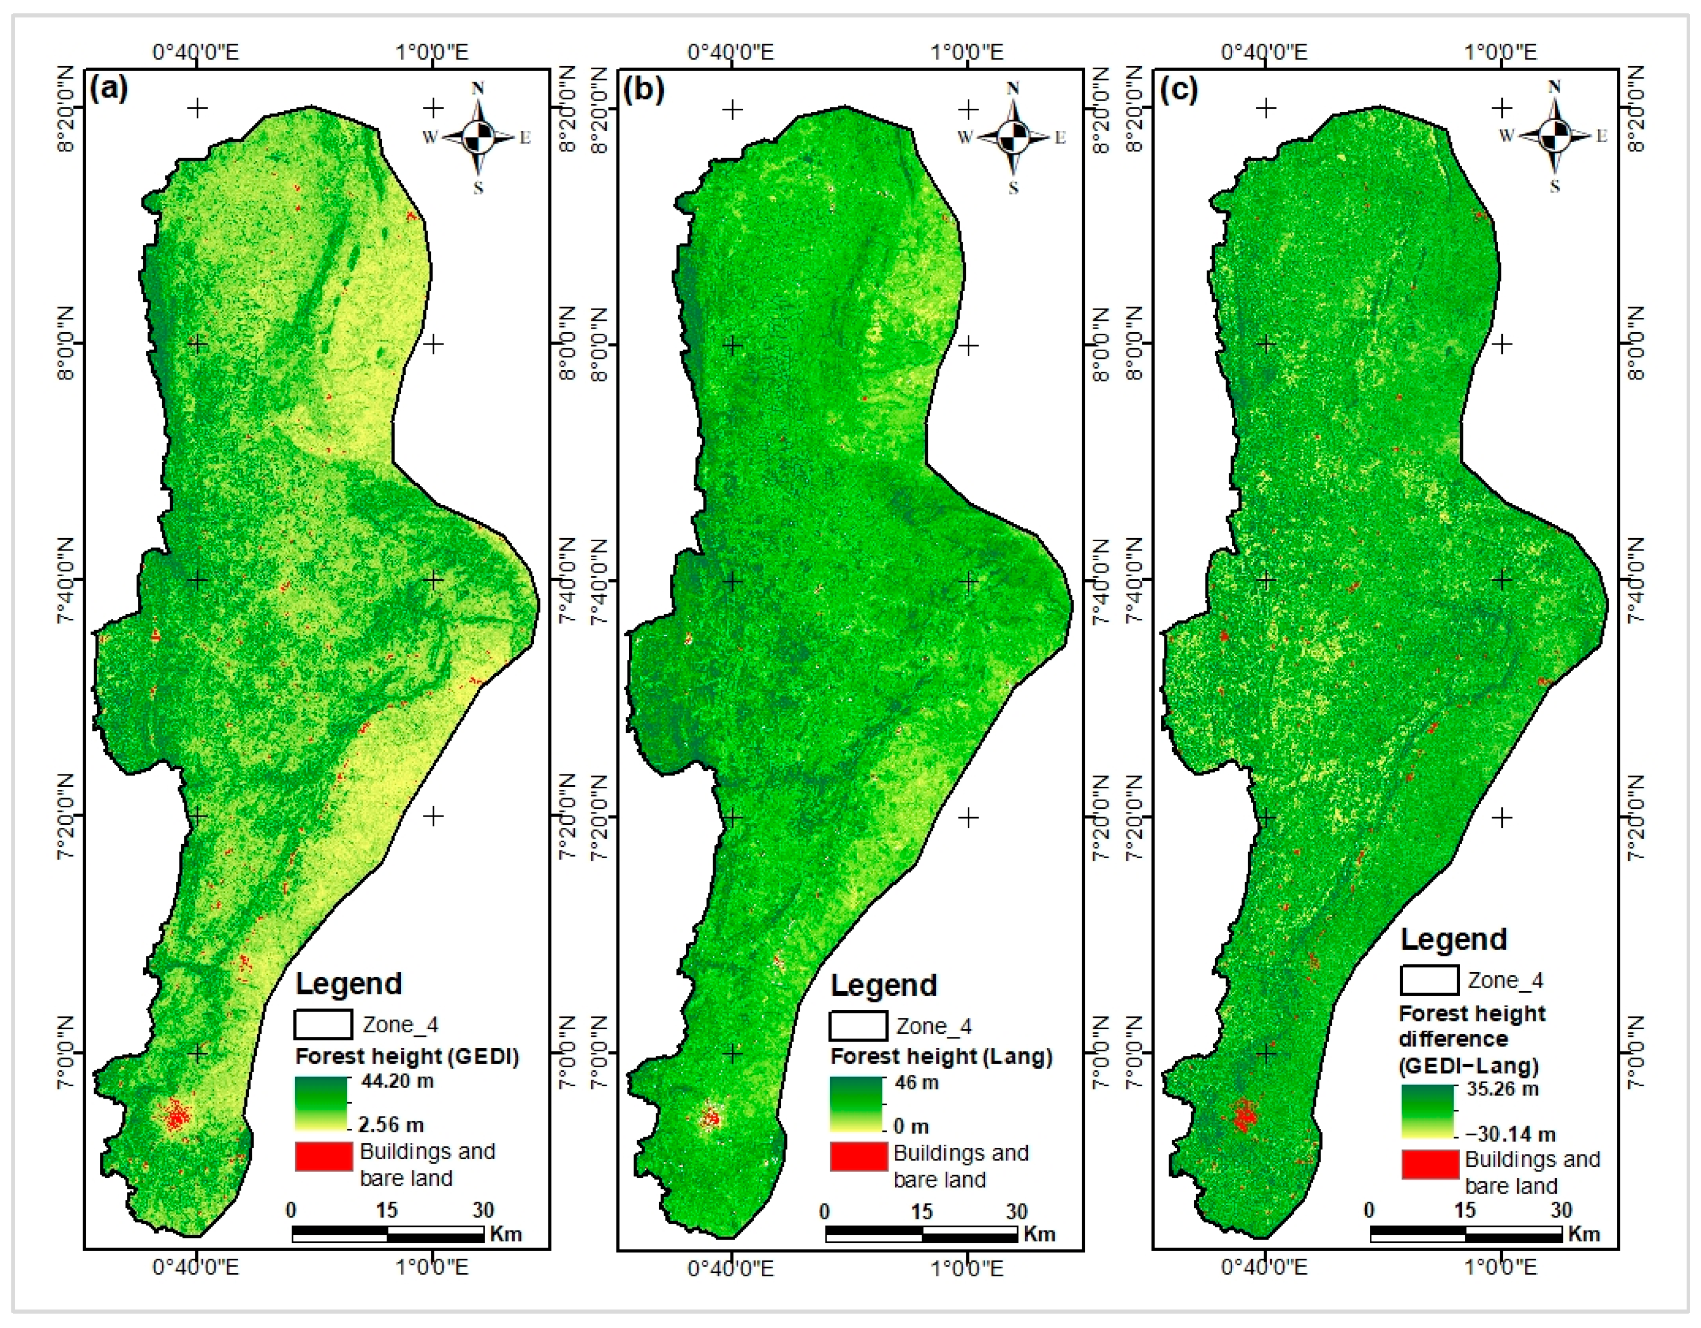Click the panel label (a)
point(108,89)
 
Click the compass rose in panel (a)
point(477,138)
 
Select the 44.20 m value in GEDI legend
point(397,1081)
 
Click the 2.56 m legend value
point(391,1125)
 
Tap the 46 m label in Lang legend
point(916,1083)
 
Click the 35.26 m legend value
point(1502,1089)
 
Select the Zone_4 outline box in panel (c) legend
point(1429,980)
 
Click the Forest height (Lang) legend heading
point(941,1056)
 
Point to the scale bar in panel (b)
point(922,1234)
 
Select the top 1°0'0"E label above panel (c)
point(1500,52)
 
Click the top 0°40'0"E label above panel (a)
point(196,52)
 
